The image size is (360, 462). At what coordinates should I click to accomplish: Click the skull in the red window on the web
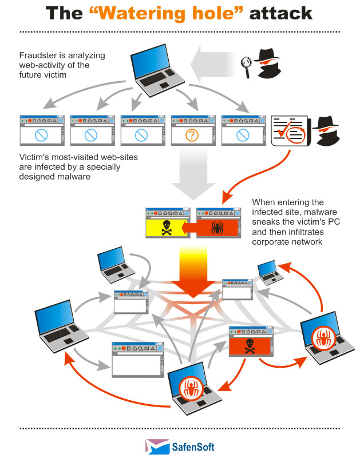250,346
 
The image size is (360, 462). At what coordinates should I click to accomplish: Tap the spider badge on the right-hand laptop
323,338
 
